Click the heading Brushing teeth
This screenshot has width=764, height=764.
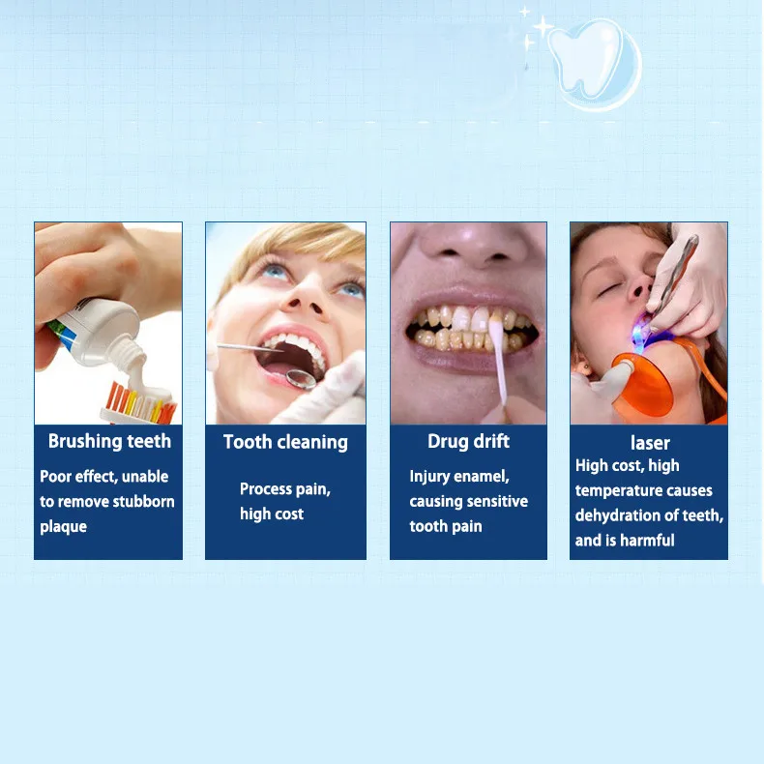pyautogui.click(x=109, y=441)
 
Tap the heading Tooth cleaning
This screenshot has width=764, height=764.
pyautogui.click(x=285, y=442)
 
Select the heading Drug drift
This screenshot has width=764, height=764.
pyautogui.click(x=468, y=441)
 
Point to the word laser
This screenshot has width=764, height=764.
pyautogui.click(x=650, y=443)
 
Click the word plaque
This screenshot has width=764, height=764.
pyautogui.click(x=63, y=527)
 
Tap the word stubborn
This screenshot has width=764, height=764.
pyautogui.click(x=143, y=501)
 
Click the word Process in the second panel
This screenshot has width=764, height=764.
pyautogui.click(x=266, y=488)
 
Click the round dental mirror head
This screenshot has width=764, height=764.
pyautogui.click(x=301, y=378)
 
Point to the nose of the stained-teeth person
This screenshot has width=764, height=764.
pyautogui.click(x=471, y=249)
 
